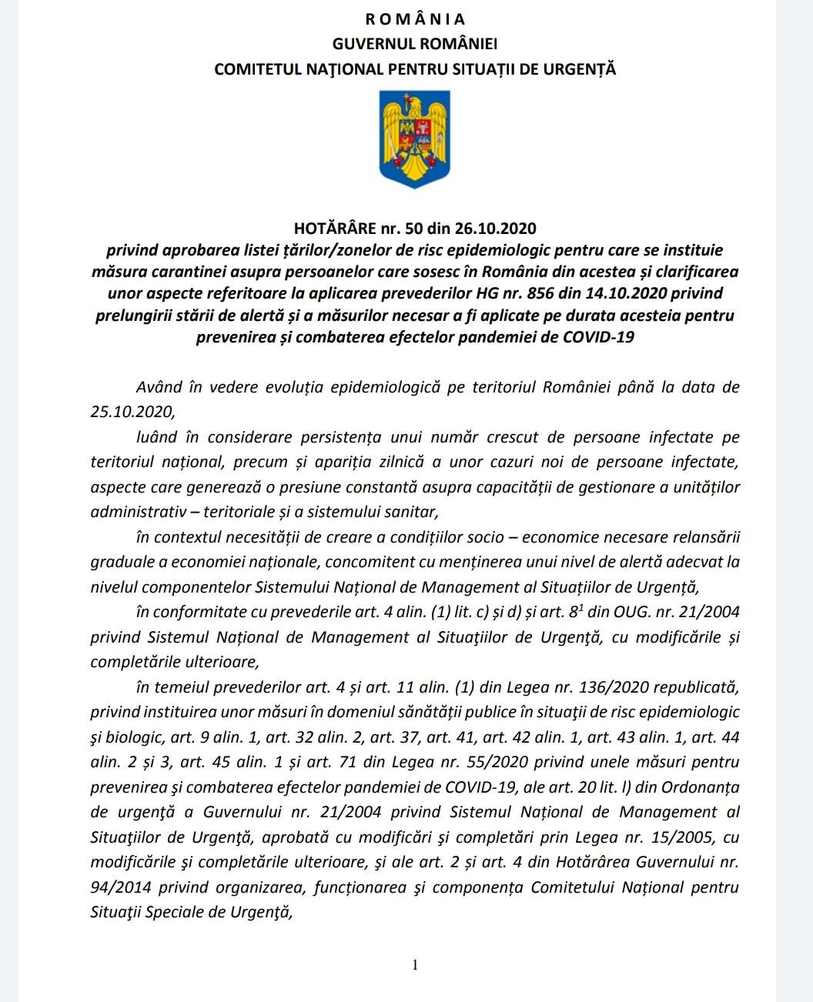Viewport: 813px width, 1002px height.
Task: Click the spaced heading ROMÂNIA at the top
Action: click(415, 19)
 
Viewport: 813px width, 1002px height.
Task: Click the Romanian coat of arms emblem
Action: click(415, 139)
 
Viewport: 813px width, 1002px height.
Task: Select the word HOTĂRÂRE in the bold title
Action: click(334, 229)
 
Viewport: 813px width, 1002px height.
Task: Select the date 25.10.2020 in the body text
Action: click(132, 412)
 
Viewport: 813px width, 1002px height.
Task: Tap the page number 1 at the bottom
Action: click(415, 965)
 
